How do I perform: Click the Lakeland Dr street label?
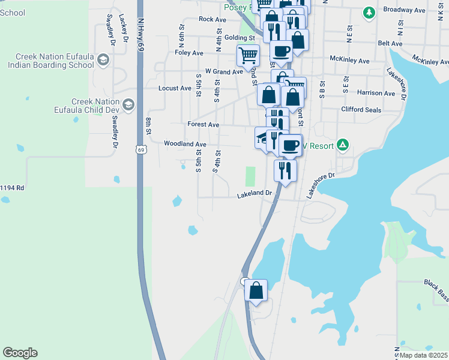click(x=255, y=194)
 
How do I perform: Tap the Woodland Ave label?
click(x=185, y=144)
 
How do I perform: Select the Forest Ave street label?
click(x=203, y=125)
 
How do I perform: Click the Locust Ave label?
click(x=175, y=88)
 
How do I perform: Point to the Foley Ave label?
click(x=189, y=53)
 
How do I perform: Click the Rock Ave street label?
click(x=212, y=19)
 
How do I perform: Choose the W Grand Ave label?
click(x=224, y=71)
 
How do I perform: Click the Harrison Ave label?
click(x=376, y=93)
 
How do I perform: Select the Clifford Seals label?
click(x=361, y=109)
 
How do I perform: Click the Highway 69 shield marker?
click(x=140, y=148)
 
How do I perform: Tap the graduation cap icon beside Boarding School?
click(x=103, y=60)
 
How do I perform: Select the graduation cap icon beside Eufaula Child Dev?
click(x=128, y=106)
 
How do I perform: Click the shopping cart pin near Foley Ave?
click(x=248, y=56)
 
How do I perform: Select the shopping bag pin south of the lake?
click(x=256, y=291)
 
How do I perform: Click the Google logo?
click(x=20, y=353)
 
